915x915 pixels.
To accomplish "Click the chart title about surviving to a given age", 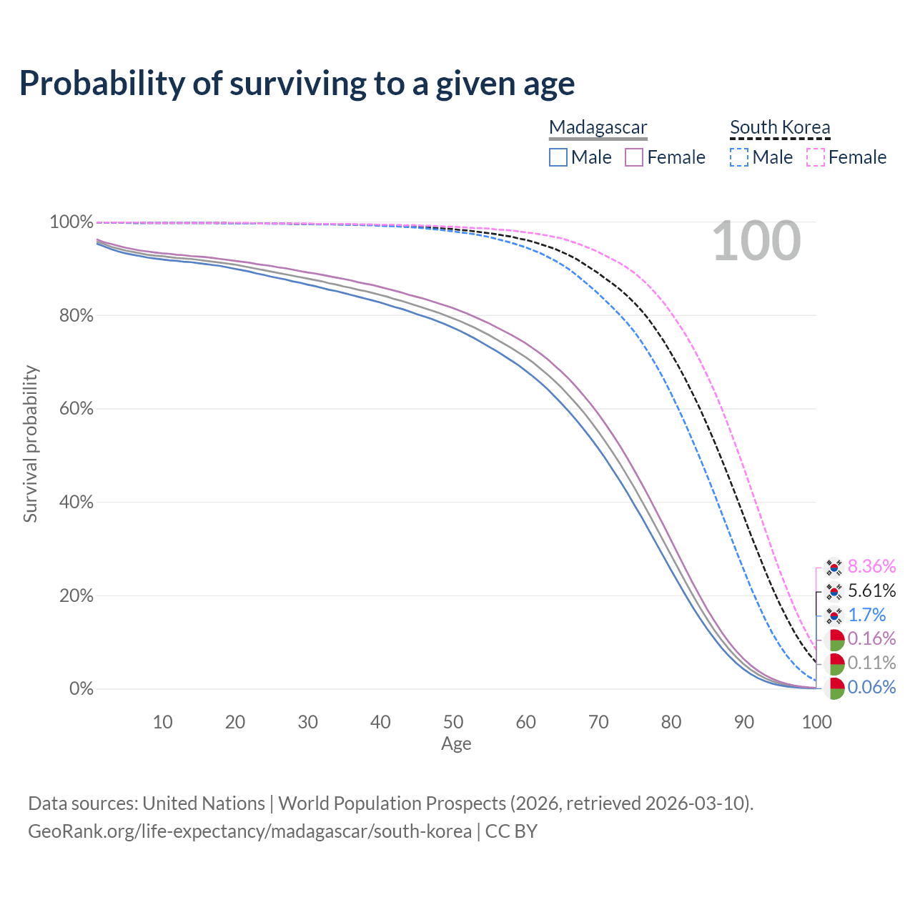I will pos(297,83).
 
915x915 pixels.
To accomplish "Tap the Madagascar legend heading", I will pos(598,128).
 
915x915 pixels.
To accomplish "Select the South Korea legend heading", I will pos(780,128).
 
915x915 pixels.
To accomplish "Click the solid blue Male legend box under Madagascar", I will pos(558,157).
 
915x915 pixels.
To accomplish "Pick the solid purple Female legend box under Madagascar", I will pos(634,157).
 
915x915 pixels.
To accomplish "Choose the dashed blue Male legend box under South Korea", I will pos(739,157).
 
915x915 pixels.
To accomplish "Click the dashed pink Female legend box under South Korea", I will pos(816,157).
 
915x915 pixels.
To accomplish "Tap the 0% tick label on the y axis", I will pos(81,689).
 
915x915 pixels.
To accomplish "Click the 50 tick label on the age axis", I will pos(453,722).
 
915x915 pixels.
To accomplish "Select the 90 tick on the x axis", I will pos(744,722).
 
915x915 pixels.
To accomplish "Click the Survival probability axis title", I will pos(30,444).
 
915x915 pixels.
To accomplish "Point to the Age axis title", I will pos(456,744).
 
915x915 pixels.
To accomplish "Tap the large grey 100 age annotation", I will pos(756,241).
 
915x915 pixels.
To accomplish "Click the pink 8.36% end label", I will pos(871,567).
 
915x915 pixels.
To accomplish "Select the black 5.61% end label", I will pos(871,591).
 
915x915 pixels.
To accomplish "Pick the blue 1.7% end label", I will pos(866,615).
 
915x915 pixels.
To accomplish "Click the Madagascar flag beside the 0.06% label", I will pos(834,688).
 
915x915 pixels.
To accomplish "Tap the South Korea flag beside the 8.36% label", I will pos(834,568).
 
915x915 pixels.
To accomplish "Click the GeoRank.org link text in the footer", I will pos(249,831).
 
